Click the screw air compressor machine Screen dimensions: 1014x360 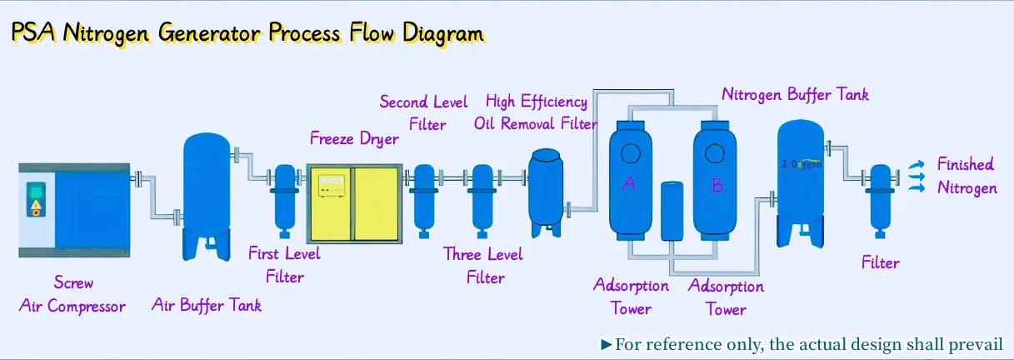click(x=74, y=210)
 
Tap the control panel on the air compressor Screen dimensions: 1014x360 click(x=36, y=199)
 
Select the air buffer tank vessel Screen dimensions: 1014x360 click(x=207, y=197)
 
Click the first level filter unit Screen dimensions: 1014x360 click(x=285, y=201)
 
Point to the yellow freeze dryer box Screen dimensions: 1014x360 click(x=354, y=204)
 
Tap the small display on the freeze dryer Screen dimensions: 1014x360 click(x=332, y=186)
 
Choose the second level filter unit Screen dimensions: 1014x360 click(x=424, y=201)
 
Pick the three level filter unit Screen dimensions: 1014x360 click(x=482, y=201)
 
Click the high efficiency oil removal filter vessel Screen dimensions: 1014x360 click(x=546, y=192)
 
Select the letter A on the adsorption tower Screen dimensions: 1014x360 click(x=628, y=184)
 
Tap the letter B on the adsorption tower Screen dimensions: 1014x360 click(x=717, y=185)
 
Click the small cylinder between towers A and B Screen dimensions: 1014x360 click(x=672, y=211)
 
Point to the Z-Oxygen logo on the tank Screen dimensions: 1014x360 click(x=802, y=163)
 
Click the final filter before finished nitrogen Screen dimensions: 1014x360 click(x=880, y=201)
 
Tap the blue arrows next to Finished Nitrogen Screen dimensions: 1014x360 click(x=917, y=177)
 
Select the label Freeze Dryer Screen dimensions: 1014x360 click(x=354, y=138)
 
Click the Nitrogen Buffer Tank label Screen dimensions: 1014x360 click(x=795, y=94)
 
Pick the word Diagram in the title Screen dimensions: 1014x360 click(x=443, y=33)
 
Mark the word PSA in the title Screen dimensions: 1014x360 click(x=33, y=32)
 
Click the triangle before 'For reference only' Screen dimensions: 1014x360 click(x=606, y=345)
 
